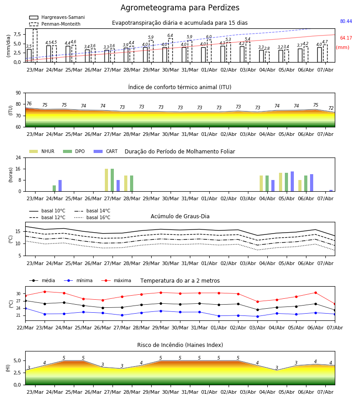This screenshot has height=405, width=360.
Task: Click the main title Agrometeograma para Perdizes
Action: (180, 8)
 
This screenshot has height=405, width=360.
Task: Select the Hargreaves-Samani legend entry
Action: (57, 17)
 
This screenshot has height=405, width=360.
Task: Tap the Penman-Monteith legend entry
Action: (55, 24)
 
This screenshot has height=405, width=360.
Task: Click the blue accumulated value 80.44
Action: (346, 21)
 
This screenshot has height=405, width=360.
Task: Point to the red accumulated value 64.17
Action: (346, 38)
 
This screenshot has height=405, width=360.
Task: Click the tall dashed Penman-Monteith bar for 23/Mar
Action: (35, 46)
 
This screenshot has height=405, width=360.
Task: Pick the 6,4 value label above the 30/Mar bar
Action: (170, 36)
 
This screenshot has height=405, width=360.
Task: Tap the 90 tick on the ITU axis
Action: (18, 93)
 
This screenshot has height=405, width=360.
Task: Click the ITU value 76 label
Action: (29, 103)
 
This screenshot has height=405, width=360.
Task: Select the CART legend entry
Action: (105, 151)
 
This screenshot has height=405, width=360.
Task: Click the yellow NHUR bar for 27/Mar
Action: (106, 180)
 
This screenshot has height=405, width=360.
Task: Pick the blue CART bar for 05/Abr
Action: (292, 181)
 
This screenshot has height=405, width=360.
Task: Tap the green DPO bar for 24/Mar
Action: (54, 188)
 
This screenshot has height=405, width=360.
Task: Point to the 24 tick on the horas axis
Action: (18, 157)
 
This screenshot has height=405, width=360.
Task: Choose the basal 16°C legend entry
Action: (92, 217)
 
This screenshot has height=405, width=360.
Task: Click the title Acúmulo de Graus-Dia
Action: (180, 216)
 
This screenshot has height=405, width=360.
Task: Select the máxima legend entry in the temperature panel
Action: (116, 280)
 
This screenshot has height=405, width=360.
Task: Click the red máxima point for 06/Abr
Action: (315, 292)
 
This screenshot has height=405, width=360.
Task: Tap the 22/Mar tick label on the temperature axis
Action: (25, 328)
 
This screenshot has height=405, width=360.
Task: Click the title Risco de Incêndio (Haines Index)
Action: (180, 345)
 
